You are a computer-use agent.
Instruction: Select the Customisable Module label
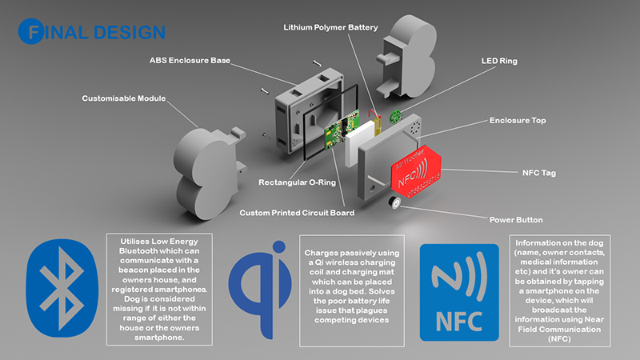coord(124,98)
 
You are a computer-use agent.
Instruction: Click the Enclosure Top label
coord(517,121)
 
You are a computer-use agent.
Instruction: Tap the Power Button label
coord(516,219)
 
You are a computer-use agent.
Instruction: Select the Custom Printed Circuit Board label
coord(297,213)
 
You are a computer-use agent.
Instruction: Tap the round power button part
coord(394,206)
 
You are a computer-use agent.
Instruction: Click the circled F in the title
coord(34,33)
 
